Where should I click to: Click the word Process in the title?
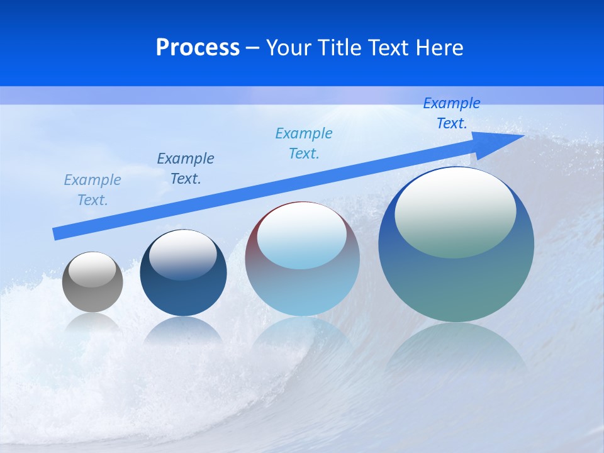pyautogui.click(x=198, y=48)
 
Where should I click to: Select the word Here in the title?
pyautogui.click(x=439, y=48)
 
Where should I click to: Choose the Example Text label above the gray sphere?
pyautogui.click(x=92, y=190)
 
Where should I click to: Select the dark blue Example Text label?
pyautogui.click(x=186, y=169)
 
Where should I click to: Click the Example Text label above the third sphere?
pyautogui.click(x=304, y=143)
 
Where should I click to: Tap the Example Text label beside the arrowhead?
pyautogui.click(x=452, y=113)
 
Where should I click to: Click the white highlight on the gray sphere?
pyautogui.click(x=92, y=269)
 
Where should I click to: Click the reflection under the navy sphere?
pyautogui.click(x=183, y=330)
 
